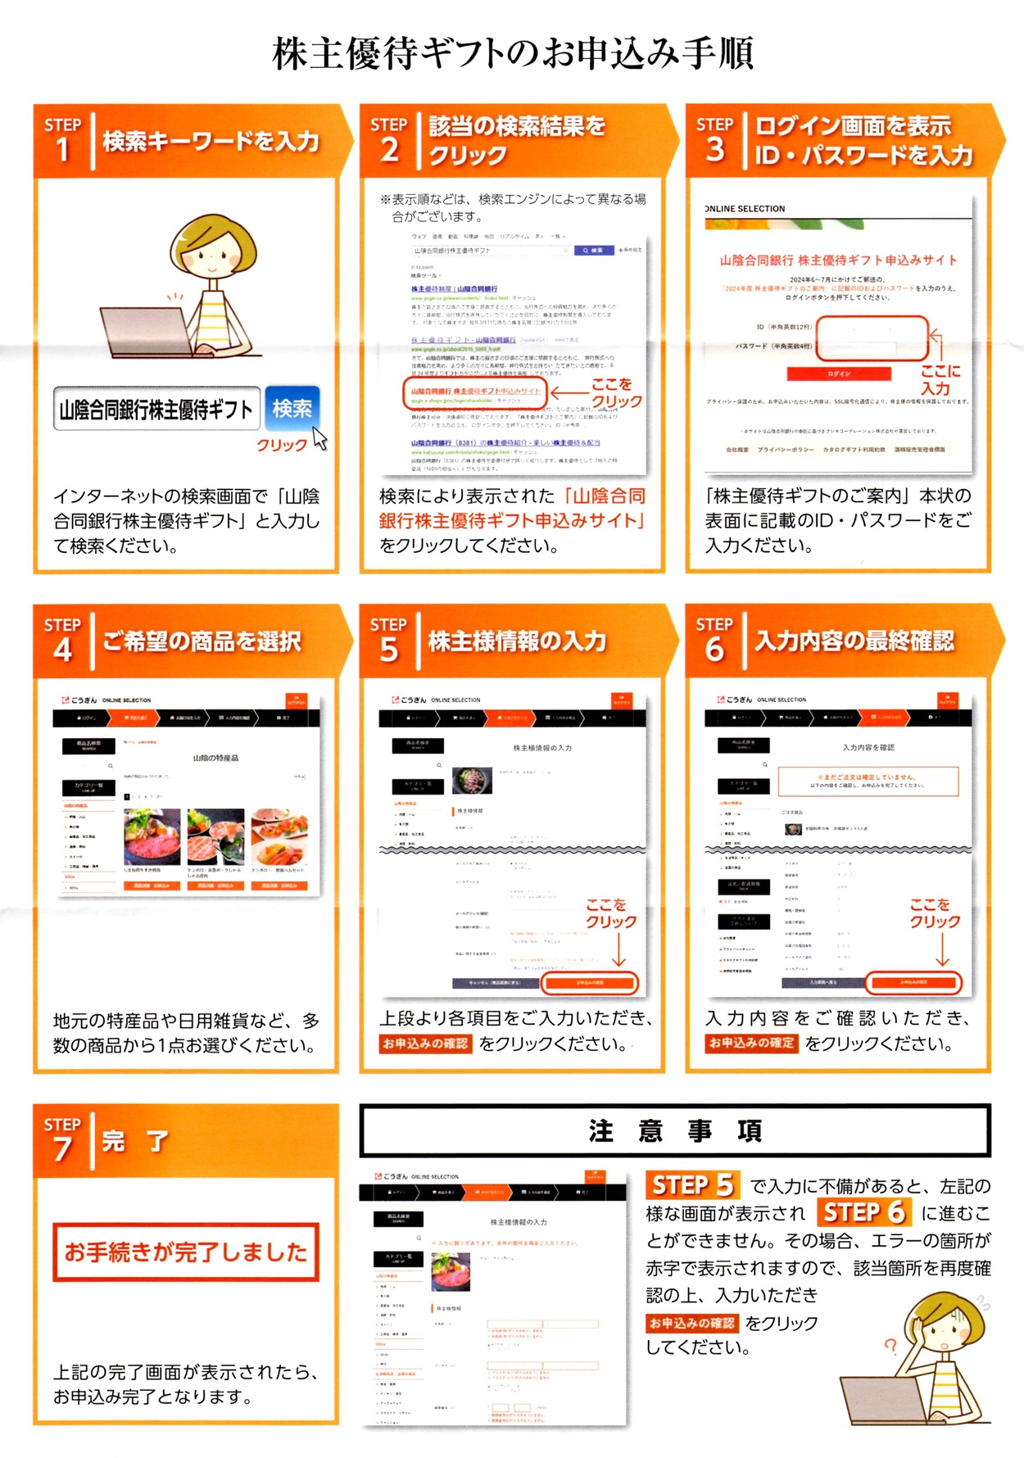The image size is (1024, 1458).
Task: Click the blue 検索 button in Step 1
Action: click(x=291, y=408)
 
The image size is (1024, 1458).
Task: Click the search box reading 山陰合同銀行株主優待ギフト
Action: click(x=156, y=409)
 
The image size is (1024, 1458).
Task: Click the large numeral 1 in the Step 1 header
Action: click(x=62, y=151)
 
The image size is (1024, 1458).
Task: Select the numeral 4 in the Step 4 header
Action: click(x=62, y=650)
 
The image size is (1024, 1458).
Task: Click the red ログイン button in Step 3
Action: click(x=838, y=374)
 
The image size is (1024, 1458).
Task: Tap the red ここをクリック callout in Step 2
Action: click(x=615, y=392)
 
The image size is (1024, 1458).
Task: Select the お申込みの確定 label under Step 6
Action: click(x=751, y=1044)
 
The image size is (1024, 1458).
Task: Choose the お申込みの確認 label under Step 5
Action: click(x=425, y=1044)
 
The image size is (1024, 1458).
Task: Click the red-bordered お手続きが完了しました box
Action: click(x=186, y=1252)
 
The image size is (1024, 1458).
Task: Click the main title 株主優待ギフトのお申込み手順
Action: click(x=512, y=54)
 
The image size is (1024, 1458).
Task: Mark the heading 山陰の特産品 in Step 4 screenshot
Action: click(x=215, y=758)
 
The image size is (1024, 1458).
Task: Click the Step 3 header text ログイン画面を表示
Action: click(x=852, y=126)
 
